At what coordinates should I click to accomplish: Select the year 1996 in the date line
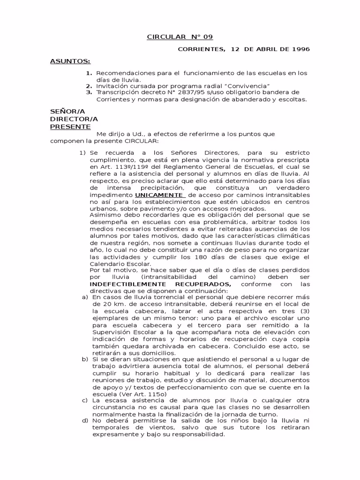pos(300,49)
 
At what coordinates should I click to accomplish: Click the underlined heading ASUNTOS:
pos(70,61)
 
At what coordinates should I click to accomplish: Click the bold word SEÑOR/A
pos(67,112)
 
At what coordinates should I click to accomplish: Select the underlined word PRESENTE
pos(70,127)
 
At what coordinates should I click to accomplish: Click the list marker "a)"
pos(85,297)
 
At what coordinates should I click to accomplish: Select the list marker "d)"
pos(85,420)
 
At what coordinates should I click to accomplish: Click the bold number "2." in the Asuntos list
pos(89,86)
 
